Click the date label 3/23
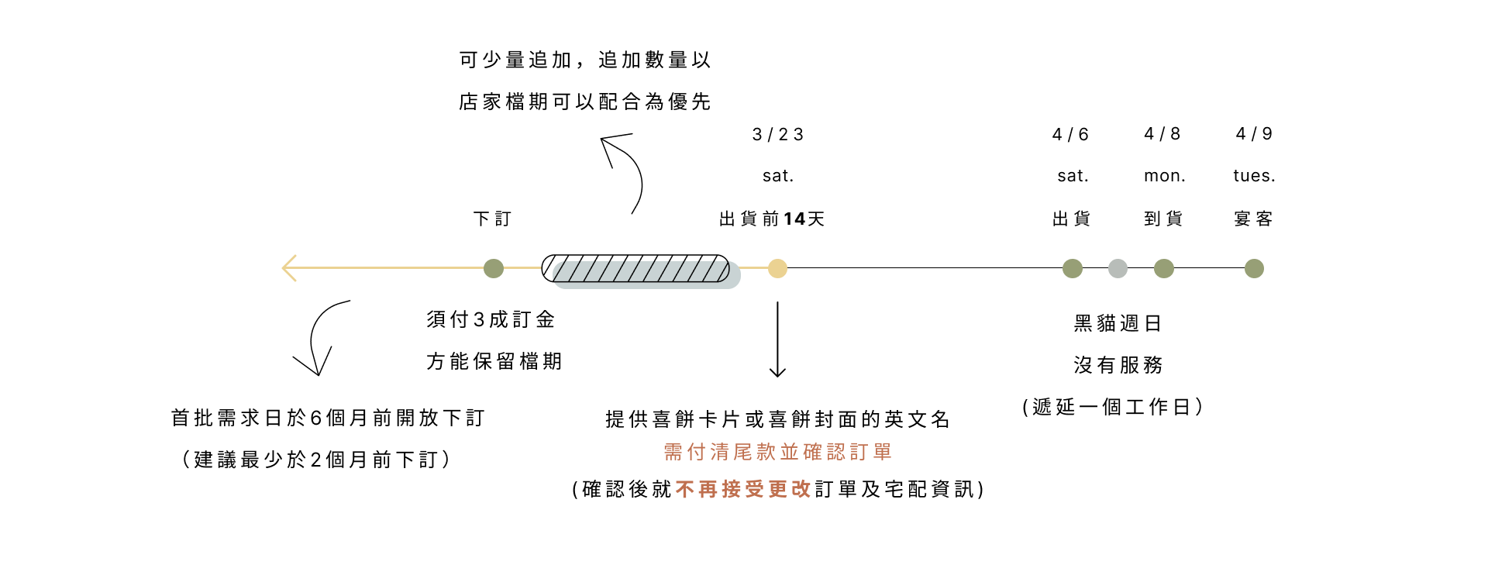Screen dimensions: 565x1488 click(x=777, y=135)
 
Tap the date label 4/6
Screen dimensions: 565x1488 click(x=1070, y=135)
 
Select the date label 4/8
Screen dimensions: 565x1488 click(x=1162, y=134)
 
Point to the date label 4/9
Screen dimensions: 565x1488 click(x=1253, y=134)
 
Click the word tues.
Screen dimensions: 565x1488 click(x=1253, y=176)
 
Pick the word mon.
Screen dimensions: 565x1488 click(x=1164, y=176)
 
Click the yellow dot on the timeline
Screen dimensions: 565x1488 click(x=777, y=268)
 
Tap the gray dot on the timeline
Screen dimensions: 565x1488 click(x=1118, y=268)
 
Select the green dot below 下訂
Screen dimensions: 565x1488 click(x=494, y=268)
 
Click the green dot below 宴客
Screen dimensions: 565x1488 click(x=1254, y=268)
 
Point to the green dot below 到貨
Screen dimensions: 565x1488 click(x=1163, y=268)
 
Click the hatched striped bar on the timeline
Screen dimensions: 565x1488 click(x=635, y=268)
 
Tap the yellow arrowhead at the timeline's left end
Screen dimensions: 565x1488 click(x=289, y=268)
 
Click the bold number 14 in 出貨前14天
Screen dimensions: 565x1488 click(x=794, y=219)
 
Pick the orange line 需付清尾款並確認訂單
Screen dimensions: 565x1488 click(x=777, y=452)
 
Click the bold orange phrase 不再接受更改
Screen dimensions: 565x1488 click(x=742, y=489)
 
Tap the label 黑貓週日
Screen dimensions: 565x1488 click(x=1117, y=323)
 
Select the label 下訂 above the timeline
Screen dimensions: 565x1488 click(x=493, y=219)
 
